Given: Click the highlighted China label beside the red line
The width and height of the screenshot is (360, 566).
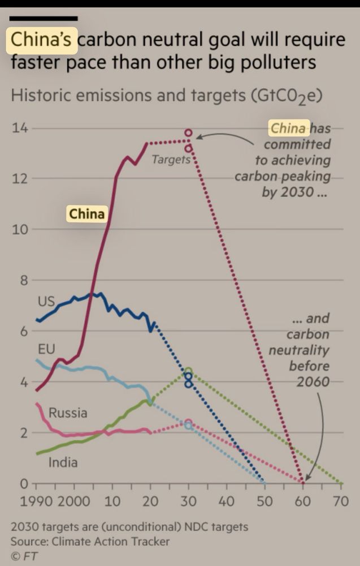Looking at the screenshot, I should (86, 214).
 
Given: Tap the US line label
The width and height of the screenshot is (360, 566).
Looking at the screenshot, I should (46, 301).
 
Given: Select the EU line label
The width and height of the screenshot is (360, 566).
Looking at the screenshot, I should (46, 348).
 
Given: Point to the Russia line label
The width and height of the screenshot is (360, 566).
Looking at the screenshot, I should (68, 413).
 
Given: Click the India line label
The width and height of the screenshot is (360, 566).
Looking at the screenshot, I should (63, 462).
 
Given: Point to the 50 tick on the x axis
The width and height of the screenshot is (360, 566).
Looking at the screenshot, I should (265, 501).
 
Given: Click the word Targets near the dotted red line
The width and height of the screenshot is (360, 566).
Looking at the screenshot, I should (171, 160).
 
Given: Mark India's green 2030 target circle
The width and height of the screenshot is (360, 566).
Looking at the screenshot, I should (189, 372).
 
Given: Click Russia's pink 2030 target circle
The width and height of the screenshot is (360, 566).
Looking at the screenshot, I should (189, 422).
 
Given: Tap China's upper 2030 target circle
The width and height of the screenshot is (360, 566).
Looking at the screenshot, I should (189, 133).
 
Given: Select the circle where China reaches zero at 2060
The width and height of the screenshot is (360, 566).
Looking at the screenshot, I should (303, 483).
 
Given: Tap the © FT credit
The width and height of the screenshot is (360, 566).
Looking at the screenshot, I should (24, 556).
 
